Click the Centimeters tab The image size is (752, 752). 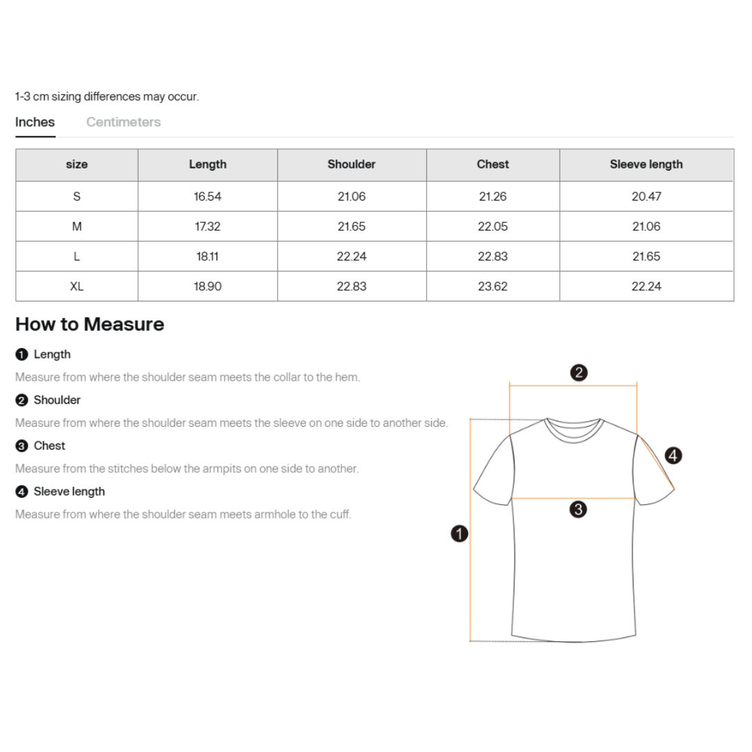click(x=123, y=122)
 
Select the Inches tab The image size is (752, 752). click(x=35, y=122)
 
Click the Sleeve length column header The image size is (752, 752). click(x=646, y=164)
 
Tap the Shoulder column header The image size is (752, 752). click(x=352, y=164)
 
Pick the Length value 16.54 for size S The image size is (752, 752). click(x=207, y=196)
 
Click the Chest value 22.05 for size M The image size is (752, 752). click(x=493, y=226)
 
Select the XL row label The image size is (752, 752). click(x=77, y=286)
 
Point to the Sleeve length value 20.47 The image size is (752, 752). click(x=646, y=196)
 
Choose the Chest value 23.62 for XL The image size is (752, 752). click(x=493, y=286)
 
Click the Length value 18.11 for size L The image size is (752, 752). click(x=207, y=256)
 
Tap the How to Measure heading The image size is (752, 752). click(x=90, y=324)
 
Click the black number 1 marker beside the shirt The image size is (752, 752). click(x=460, y=534)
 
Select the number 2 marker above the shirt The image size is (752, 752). click(x=578, y=373)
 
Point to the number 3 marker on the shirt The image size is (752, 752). click(x=577, y=510)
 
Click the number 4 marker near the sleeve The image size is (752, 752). click(x=673, y=456)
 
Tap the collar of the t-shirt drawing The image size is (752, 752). click(x=574, y=427)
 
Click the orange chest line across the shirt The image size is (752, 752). click(x=543, y=499)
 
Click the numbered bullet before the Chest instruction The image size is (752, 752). click(x=22, y=446)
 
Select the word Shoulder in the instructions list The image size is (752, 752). click(x=57, y=400)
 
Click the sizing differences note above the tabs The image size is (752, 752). click(x=107, y=97)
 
